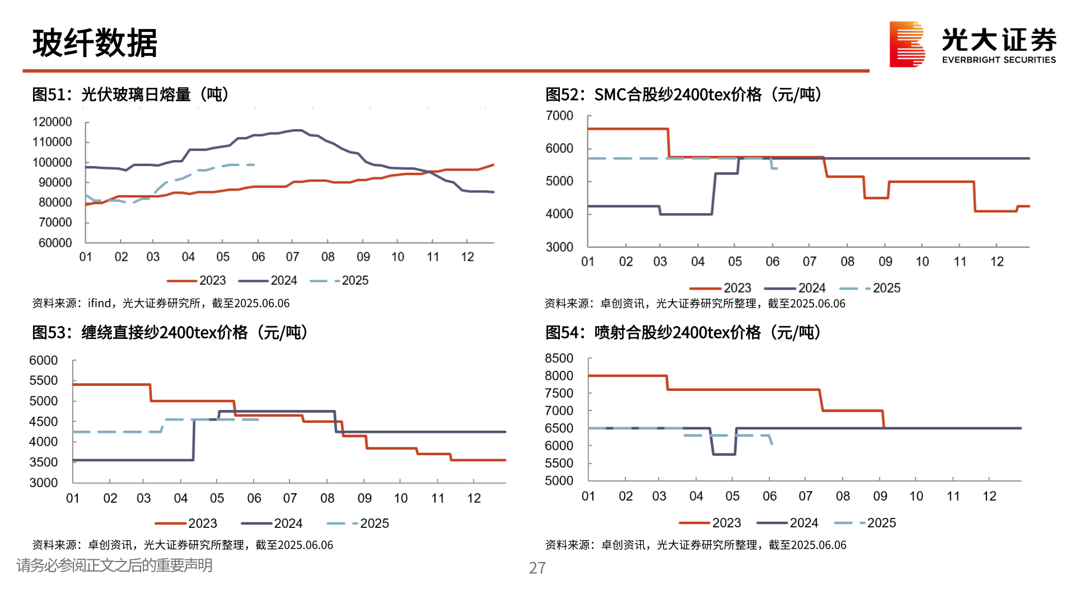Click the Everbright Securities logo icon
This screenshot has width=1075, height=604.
click(906, 44)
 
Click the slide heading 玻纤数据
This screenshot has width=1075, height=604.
click(95, 43)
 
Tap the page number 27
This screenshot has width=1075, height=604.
click(537, 568)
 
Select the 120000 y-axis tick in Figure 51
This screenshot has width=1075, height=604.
click(52, 122)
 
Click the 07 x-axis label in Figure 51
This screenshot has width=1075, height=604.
click(292, 257)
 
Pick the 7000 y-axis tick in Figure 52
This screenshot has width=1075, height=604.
click(559, 116)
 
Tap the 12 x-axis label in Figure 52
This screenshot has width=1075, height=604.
click(997, 262)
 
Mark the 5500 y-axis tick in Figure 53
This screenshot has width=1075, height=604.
click(44, 381)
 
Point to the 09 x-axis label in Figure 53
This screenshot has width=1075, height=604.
click(364, 498)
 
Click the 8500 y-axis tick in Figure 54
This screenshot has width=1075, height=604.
click(559, 358)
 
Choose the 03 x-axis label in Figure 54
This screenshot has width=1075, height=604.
click(659, 496)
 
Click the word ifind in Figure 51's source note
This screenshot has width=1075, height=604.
click(100, 303)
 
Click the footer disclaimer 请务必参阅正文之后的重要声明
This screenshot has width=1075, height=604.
click(114, 565)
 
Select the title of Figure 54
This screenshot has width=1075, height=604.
click(683, 333)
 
